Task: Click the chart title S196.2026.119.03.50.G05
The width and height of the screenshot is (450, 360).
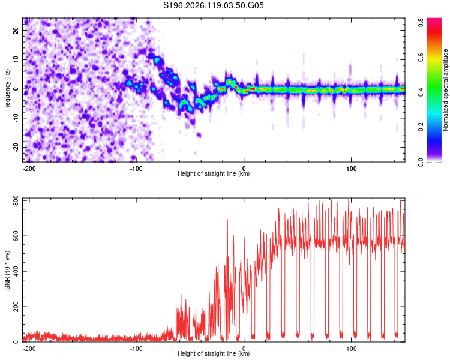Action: tap(213, 5)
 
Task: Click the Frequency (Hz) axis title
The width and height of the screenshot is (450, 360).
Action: tap(7, 90)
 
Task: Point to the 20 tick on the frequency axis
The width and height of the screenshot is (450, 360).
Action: tap(16, 30)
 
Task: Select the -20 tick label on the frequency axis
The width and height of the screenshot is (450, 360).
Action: tap(16, 147)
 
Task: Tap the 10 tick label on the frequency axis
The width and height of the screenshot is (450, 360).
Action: tap(16, 59)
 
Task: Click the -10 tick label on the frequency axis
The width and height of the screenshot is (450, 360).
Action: tap(16, 118)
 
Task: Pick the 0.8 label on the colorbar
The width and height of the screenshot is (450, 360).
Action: tap(421, 22)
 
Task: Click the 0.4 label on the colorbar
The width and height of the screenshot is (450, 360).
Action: tap(421, 92)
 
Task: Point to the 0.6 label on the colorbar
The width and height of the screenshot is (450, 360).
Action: tap(421, 58)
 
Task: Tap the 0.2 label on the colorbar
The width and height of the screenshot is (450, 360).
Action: tap(421, 127)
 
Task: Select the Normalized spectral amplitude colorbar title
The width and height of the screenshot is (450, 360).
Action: tap(445, 90)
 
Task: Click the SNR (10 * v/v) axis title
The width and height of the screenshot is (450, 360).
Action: tap(7, 270)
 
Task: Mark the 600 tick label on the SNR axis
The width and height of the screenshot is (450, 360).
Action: tap(16, 236)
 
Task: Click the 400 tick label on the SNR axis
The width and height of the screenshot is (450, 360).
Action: tap(16, 271)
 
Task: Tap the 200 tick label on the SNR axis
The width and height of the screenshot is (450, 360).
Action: tap(16, 307)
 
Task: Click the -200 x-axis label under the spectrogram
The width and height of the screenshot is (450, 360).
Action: tap(29, 169)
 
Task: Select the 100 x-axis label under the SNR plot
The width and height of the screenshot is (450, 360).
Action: tap(351, 349)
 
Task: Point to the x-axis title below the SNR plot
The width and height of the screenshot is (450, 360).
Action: tap(214, 353)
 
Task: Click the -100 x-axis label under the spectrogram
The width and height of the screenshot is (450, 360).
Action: tap(136, 169)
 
